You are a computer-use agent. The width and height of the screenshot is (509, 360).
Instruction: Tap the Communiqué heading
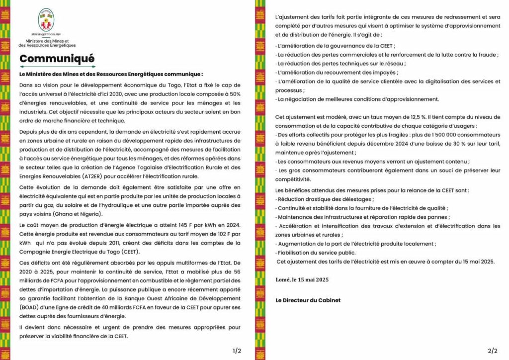[57, 59]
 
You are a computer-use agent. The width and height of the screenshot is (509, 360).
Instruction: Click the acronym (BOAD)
[30, 307]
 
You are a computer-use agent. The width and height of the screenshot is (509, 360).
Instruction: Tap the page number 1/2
[237, 351]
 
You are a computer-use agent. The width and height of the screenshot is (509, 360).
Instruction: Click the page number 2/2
[493, 351]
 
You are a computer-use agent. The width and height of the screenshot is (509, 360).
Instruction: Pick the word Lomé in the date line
[283, 279]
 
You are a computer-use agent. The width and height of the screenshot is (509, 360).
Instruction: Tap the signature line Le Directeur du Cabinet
[308, 300]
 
